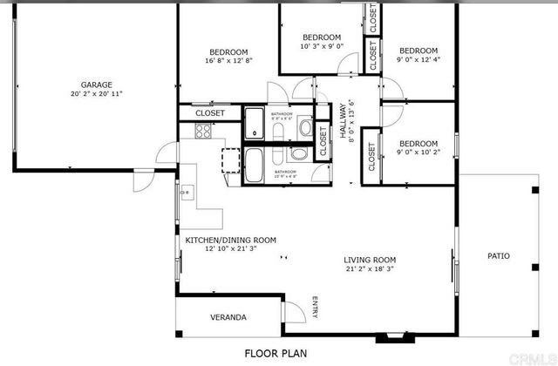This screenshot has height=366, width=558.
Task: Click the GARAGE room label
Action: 96,85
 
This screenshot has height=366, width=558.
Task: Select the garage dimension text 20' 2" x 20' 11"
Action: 96,94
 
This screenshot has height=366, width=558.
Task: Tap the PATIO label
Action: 499,256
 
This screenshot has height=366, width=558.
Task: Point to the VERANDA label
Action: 228,317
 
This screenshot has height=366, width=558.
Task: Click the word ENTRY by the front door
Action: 315,309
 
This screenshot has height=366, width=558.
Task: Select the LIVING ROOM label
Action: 370,260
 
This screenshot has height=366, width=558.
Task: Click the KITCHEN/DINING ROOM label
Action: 230,240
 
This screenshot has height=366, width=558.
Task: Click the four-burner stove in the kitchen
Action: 203,132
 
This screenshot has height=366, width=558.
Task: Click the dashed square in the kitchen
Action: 232,162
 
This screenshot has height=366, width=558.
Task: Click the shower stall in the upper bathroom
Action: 255,123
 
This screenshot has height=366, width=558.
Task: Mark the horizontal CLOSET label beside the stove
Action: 209,113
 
